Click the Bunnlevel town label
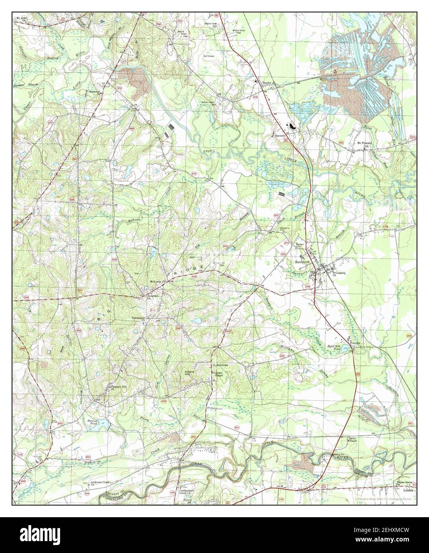[x=303, y=263]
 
